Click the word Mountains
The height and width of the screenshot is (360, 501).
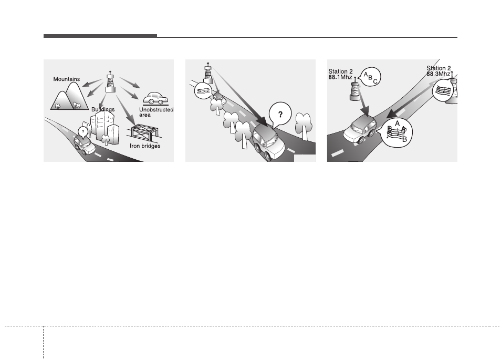[x=67, y=79]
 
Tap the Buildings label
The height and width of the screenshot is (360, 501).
[x=103, y=109]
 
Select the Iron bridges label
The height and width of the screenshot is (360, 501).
[x=145, y=146]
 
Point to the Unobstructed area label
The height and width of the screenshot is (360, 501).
[x=156, y=112]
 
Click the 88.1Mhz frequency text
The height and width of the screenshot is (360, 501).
[x=340, y=77]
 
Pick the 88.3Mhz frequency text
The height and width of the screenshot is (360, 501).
[x=439, y=74]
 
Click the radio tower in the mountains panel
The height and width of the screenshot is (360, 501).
[x=110, y=82]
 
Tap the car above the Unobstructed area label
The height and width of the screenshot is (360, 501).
[x=156, y=98]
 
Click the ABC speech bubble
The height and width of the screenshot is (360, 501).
[x=370, y=77]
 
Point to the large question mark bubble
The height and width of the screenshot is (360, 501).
[x=280, y=114]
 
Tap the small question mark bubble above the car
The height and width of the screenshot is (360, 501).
[x=83, y=132]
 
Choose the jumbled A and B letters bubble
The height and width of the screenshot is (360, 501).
[x=396, y=132]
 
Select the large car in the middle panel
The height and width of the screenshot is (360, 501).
[x=268, y=142]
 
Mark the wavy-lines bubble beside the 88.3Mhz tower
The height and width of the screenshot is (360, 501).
[x=442, y=90]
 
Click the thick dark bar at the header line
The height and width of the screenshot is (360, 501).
[x=100, y=36]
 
